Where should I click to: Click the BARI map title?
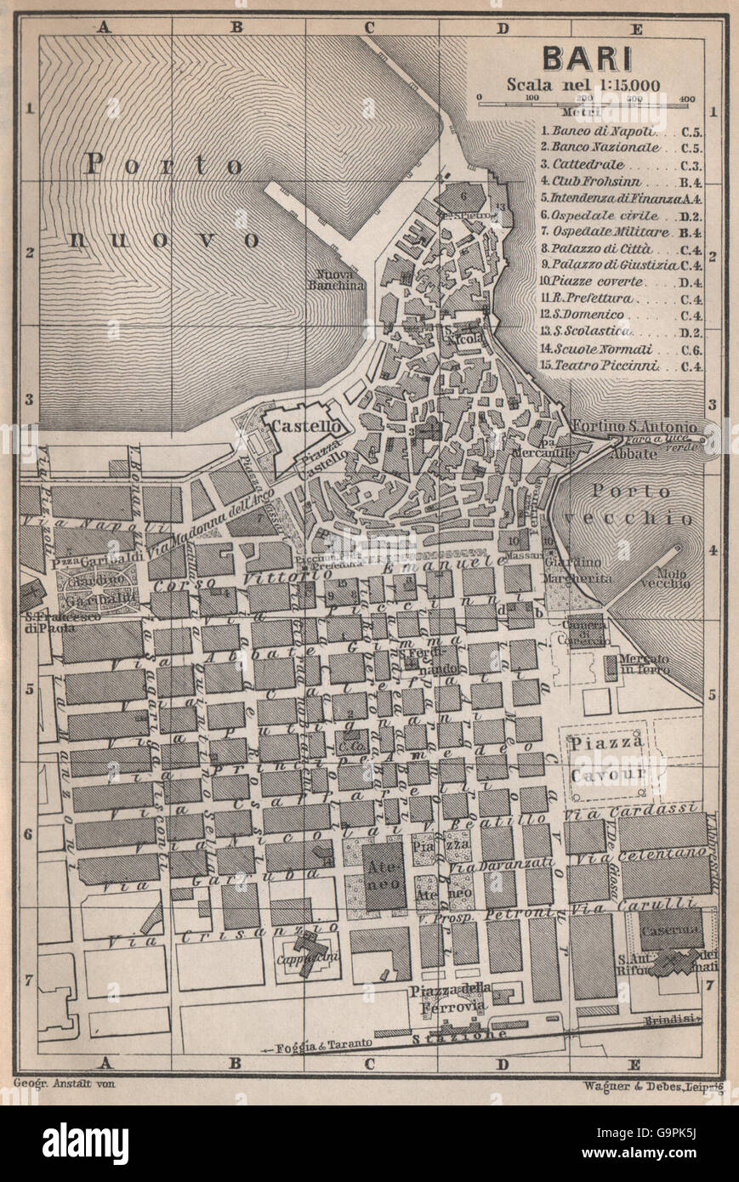pos(587,59)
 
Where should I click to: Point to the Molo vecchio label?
pos(665,578)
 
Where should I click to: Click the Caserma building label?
pos(670,930)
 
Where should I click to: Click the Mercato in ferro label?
pos(644,664)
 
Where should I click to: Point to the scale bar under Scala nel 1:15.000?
pos(587,100)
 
